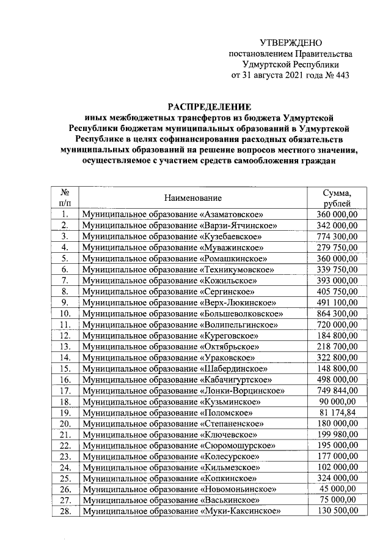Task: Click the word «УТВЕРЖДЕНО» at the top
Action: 291,43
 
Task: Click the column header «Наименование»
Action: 192,198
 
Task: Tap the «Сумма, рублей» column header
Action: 337,198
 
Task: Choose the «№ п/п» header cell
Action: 64,198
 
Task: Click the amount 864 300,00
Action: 337,313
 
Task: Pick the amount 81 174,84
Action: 337,413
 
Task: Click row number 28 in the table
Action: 64,512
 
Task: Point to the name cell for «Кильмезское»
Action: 169,468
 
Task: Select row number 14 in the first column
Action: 64,357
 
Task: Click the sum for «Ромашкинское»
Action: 337,258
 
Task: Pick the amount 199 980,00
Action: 337,435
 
